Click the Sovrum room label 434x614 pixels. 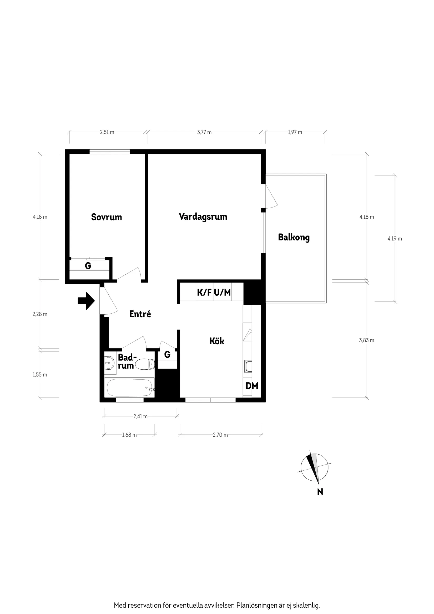coord(107,217)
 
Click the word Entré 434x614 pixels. coord(140,314)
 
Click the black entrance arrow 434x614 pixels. coord(86,301)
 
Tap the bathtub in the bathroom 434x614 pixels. coord(129,388)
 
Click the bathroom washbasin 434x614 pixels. coord(109,363)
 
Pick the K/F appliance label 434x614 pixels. coord(204,293)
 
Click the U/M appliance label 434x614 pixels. coord(222,293)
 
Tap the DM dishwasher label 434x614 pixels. coord(252,386)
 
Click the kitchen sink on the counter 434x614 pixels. coord(248,366)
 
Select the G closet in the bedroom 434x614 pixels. coord(88,266)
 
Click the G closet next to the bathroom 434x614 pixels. coord(167,355)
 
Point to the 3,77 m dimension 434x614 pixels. coord(204,132)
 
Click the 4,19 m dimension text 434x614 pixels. coord(395,239)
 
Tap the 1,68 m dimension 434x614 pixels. coord(129,435)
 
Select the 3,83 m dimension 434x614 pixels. coord(367,340)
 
